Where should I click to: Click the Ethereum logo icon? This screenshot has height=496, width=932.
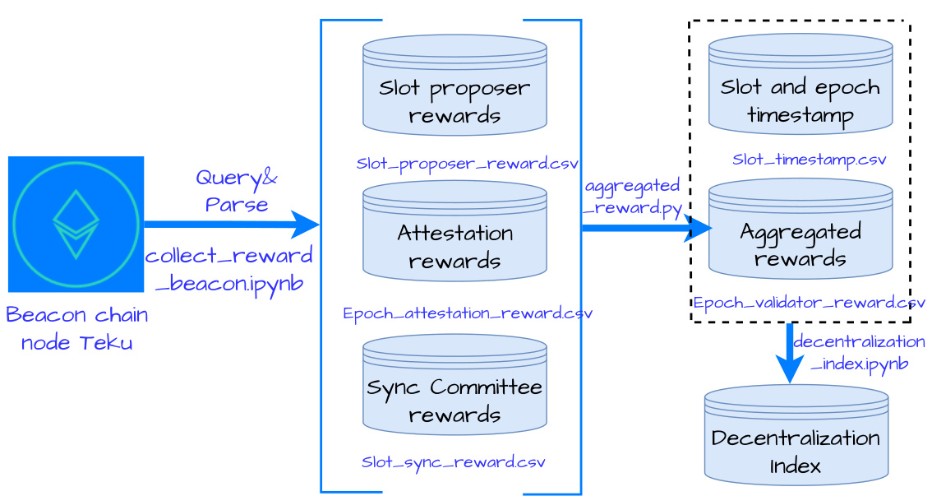tap(76, 224)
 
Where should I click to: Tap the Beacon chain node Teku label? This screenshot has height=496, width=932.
tap(76, 328)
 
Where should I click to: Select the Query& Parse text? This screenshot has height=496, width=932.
tap(236, 191)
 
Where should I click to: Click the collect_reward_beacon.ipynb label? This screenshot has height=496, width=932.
tap(228, 269)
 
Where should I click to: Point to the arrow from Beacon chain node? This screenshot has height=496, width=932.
tap(230, 224)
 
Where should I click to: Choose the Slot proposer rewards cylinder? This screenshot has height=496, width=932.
tap(454, 86)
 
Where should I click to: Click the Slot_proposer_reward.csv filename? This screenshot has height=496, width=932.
tap(467, 164)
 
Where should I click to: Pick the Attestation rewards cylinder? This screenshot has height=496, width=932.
tap(454, 231)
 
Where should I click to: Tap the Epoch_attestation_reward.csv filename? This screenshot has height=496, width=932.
tap(467, 313)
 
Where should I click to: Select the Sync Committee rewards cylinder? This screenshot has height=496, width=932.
tap(454, 385)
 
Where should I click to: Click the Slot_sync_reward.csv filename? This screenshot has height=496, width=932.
tap(453, 461)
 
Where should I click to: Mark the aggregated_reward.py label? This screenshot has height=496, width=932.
tap(632, 197)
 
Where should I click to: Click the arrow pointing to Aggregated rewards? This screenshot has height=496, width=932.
tap(645, 228)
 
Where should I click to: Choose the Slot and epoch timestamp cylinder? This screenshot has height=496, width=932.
tap(801, 84)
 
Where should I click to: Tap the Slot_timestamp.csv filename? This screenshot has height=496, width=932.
tap(809, 160)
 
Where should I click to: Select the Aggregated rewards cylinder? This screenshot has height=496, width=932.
tap(801, 229)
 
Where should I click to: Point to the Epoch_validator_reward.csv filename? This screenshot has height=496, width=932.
tap(809, 303)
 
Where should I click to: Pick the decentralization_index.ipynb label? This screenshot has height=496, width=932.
tap(859, 352)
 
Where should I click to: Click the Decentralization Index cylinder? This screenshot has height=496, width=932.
tap(796, 435)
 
